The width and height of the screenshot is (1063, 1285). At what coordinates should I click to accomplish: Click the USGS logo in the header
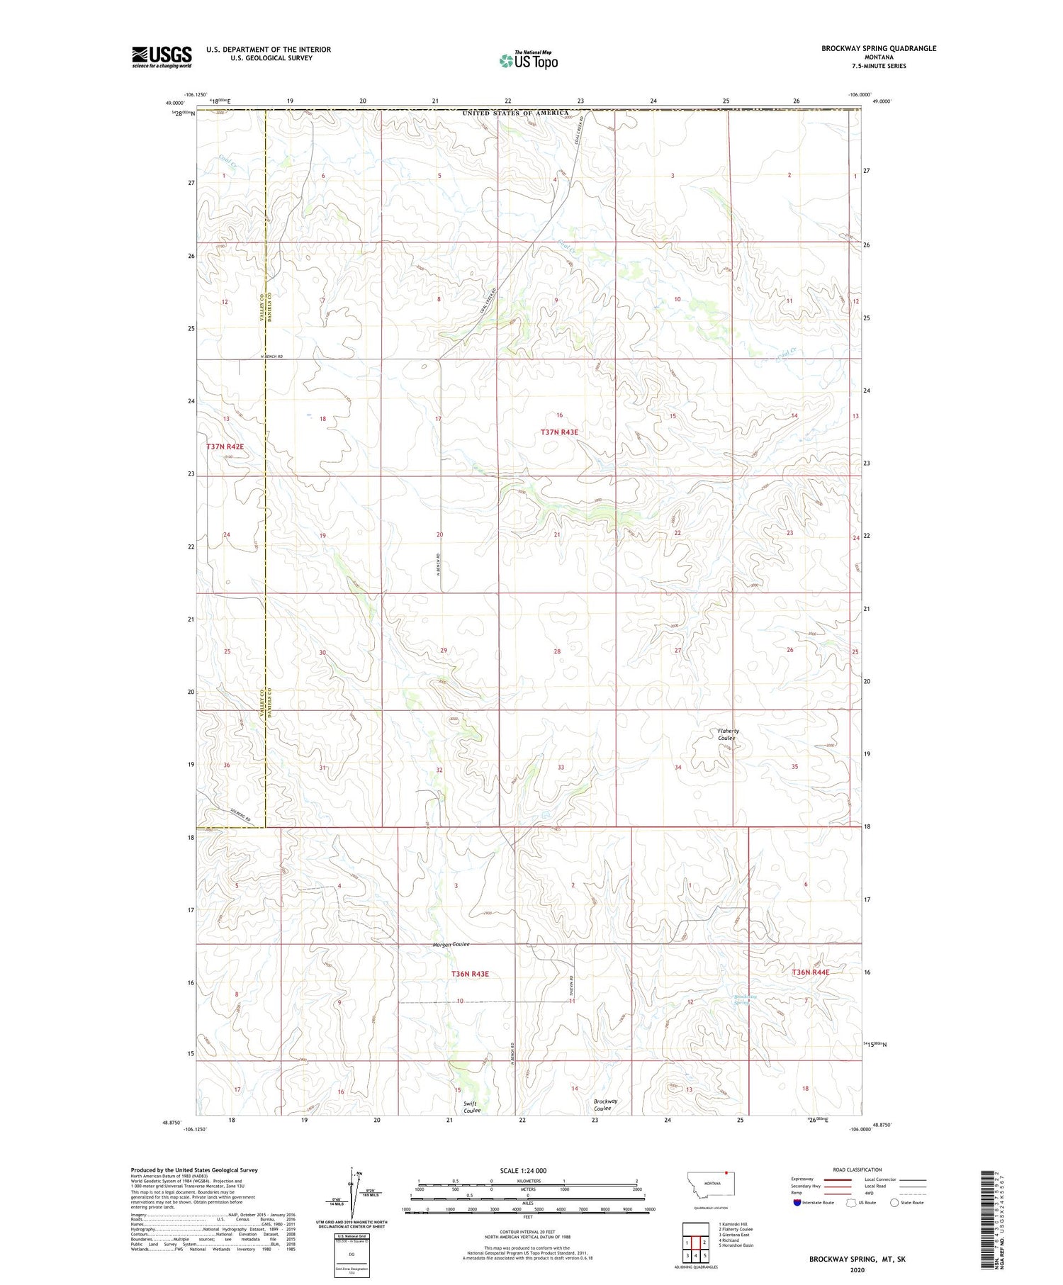coord(162,57)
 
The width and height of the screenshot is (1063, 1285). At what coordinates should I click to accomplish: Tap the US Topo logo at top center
coord(528,61)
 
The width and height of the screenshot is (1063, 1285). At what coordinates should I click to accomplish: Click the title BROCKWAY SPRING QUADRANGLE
coord(879,48)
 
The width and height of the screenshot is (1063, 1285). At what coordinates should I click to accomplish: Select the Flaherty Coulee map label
coord(727,734)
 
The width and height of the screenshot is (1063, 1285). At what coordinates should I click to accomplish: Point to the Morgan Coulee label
coord(451,945)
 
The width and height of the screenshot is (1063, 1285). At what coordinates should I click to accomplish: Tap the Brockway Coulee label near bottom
coord(605,1104)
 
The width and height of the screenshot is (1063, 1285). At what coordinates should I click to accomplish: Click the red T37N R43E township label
coord(559,432)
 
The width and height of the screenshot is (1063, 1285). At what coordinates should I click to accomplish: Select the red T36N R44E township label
coord(810,972)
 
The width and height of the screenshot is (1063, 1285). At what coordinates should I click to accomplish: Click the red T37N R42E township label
coord(225,447)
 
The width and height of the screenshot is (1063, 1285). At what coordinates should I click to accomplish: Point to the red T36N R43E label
coord(470,974)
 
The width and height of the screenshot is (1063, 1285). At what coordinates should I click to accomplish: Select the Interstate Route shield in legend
coord(797,1203)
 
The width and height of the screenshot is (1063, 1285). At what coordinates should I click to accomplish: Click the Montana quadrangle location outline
coord(710,1186)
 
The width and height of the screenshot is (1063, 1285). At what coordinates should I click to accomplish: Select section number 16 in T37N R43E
coord(559,415)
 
